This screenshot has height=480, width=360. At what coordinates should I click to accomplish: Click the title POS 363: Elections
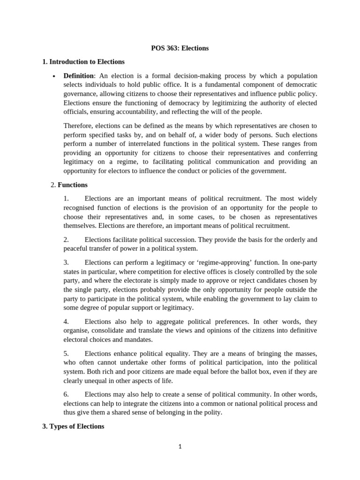(180, 48)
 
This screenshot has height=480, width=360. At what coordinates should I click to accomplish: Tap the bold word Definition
(79, 75)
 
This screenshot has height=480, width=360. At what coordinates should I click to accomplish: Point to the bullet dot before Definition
(54, 76)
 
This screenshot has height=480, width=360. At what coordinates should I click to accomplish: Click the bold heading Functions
(72, 185)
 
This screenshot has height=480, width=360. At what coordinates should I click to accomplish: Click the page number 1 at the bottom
(180, 447)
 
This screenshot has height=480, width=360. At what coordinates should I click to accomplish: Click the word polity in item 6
(211, 412)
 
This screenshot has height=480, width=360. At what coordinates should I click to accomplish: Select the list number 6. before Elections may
(66, 394)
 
